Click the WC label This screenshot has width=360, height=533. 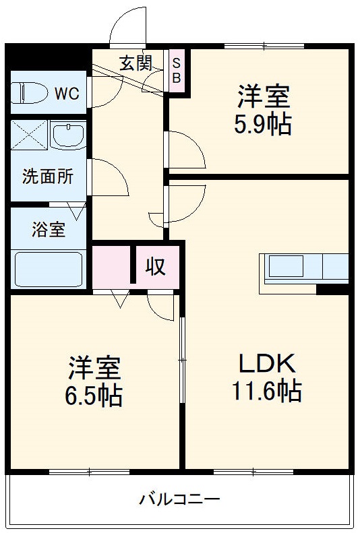point(67,94)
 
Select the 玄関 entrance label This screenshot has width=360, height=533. point(136,63)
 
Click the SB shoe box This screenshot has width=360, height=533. point(177,70)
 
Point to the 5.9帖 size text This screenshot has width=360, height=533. point(262,125)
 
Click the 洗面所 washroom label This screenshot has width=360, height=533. point(47,177)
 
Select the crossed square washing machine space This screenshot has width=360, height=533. point(28,137)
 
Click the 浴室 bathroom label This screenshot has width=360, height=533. point(49,229)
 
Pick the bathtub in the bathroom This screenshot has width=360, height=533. point(47,270)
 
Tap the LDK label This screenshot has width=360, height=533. point(266,364)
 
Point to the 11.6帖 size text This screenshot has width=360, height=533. point(266,391)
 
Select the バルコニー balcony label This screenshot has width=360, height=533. point(179,499)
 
